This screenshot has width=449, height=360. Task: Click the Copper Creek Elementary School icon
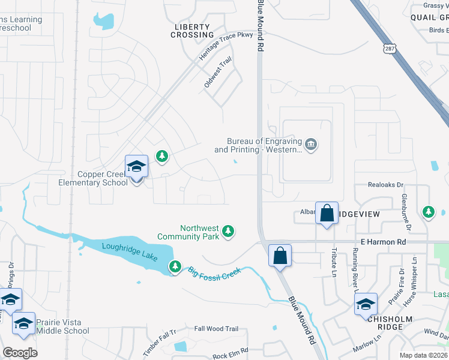pos(136,167)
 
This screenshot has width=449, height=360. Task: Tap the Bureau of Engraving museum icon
pos(312,145)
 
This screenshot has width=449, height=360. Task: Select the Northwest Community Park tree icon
pos(228,231)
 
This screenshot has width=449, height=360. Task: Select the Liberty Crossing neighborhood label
pos(192,31)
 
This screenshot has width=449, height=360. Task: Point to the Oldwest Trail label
pos(217,73)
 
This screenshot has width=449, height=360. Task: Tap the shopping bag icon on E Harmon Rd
pos(280,256)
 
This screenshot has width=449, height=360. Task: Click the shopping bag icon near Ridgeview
pos(327,214)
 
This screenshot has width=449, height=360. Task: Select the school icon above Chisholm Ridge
pos(366,304)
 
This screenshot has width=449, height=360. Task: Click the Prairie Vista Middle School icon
pos(23,323)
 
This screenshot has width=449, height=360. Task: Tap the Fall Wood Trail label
pos(216,329)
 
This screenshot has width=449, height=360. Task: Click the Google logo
pos(20,352)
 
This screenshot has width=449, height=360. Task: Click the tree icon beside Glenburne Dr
pos(428,212)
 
